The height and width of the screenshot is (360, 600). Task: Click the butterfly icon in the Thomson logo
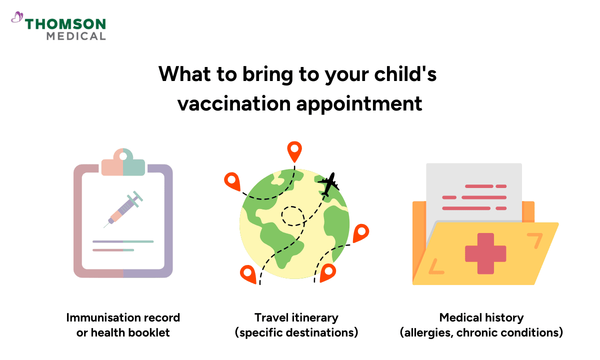[x=17, y=18]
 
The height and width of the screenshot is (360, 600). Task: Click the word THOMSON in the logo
[x=65, y=24]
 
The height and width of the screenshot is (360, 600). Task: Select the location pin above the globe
[x=294, y=150]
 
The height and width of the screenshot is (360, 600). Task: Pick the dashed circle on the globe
[x=292, y=216]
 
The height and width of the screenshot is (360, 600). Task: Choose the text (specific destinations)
[x=296, y=332]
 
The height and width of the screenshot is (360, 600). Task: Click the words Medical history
[x=481, y=317]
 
